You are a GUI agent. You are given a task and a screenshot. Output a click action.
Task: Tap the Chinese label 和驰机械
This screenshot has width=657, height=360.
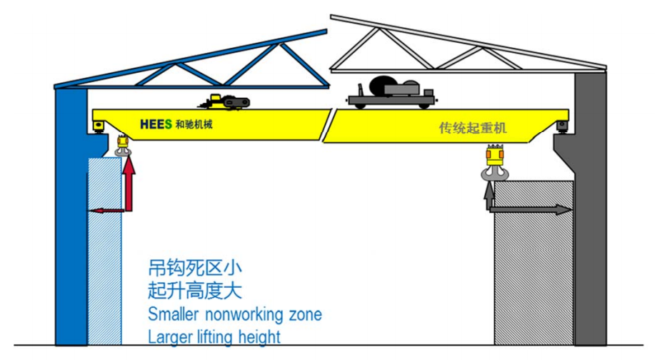[194, 124]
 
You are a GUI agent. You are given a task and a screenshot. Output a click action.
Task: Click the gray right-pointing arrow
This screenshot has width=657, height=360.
[532, 209]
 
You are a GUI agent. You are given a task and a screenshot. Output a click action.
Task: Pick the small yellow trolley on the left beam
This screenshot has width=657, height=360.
[224, 101]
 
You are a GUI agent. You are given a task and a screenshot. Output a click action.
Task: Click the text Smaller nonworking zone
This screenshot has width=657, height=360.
[234, 314]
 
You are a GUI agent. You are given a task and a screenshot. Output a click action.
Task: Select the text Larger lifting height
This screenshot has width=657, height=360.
[214, 336]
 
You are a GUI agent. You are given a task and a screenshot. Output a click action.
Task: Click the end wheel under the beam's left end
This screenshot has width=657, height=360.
[98, 128]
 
